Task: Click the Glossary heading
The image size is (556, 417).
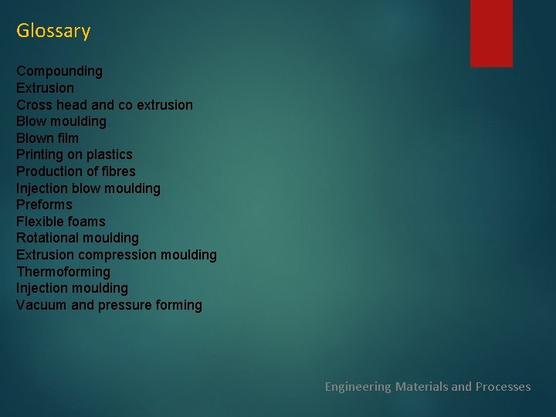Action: (x=53, y=31)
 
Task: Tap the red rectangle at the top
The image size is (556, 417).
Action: (x=491, y=32)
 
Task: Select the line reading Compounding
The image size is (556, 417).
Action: (x=59, y=71)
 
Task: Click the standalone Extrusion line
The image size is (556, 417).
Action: (x=45, y=88)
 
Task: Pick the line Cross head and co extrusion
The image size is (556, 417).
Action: (x=104, y=105)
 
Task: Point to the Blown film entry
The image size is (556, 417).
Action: (x=47, y=138)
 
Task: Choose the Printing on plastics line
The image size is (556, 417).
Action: (x=74, y=154)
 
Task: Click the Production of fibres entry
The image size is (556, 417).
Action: (x=76, y=171)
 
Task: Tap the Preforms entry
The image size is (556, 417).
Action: (x=44, y=205)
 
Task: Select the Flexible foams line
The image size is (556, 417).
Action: (x=60, y=222)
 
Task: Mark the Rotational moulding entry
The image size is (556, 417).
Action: (x=77, y=238)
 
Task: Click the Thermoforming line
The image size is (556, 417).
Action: (x=63, y=272)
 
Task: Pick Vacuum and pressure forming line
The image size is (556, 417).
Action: (x=109, y=305)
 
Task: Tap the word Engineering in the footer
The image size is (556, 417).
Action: (x=358, y=386)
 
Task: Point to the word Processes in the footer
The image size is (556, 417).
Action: (x=503, y=386)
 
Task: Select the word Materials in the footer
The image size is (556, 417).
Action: (x=422, y=386)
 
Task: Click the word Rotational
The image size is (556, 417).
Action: (x=46, y=238)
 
